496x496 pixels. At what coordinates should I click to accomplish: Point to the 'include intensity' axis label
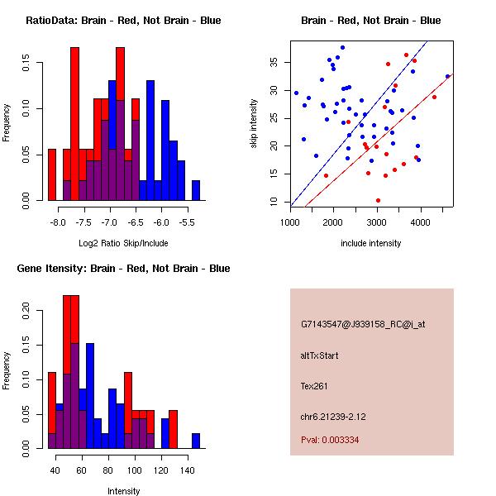(x=371, y=243)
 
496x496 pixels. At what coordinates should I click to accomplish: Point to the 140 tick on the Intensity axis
(x=188, y=471)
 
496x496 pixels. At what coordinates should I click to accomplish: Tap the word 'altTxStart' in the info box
(x=320, y=356)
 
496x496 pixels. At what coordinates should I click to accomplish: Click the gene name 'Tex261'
(x=315, y=386)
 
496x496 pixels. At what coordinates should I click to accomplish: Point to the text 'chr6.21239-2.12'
(x=333, y=416)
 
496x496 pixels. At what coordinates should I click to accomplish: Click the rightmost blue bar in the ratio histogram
(x=196, y=191)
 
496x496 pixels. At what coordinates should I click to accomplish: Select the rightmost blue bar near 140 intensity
(x=196, y=441)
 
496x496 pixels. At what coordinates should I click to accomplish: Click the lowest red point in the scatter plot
(x=378, y=200)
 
